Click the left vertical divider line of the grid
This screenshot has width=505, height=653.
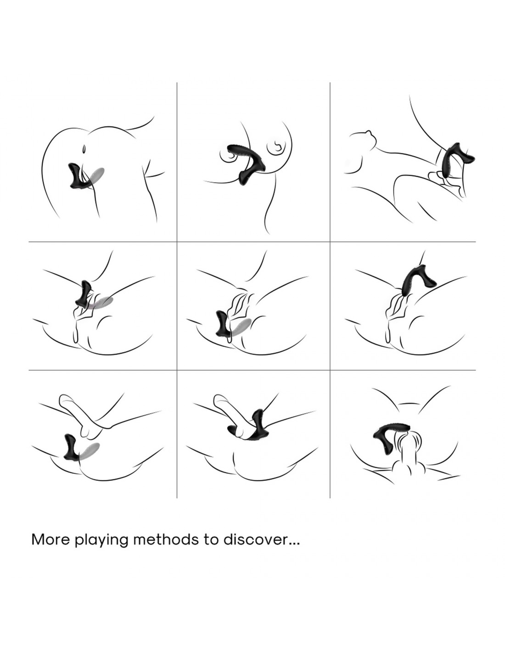coord(177,290)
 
